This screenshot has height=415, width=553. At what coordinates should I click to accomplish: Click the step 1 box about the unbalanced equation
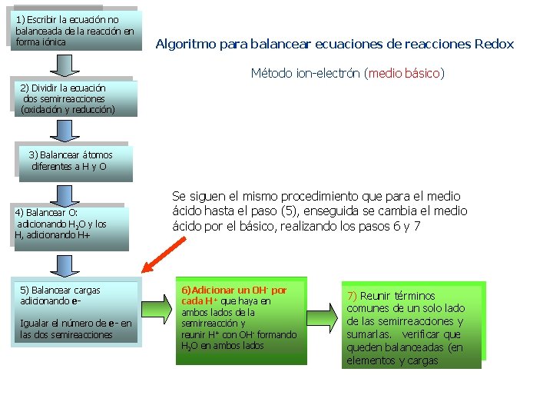point(75,31)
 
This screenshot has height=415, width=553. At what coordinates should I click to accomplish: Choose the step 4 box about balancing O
point(69,225)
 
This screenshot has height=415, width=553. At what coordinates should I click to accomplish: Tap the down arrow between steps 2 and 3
point(70,129)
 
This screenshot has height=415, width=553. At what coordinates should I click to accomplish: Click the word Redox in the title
point(494,44)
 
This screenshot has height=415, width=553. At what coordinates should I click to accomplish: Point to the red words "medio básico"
point(404,74)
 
